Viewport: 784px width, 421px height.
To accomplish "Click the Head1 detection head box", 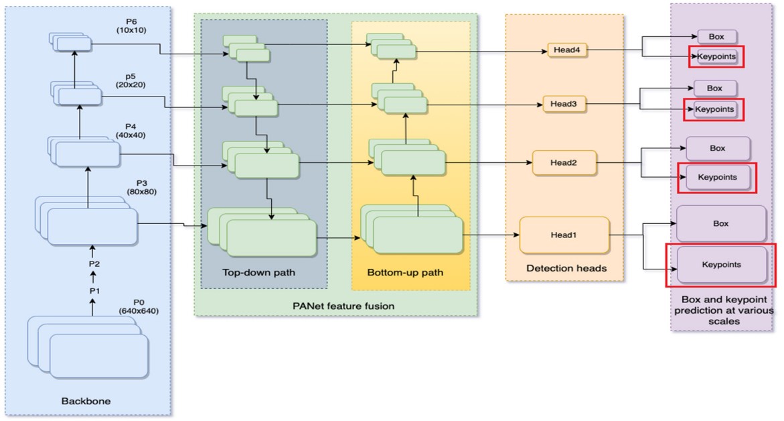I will pyautogui.click(x=564, y=235).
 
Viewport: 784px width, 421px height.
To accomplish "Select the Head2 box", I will pyautogui.click(x=564, y=163).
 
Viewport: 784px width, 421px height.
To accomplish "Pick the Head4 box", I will pyautogui.click(x=566, y=50).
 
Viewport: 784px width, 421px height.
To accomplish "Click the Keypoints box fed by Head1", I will pyautogui.click(x=721, y=265).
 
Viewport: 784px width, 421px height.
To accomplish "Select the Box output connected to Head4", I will pyautogui.click(x=717, y=37).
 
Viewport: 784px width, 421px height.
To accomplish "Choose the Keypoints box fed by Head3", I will pyautogui.click(x=714, y=109).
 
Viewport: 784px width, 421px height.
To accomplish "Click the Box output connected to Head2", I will pyautogui.click(x=717, y=148).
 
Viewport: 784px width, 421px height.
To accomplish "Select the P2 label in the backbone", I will pyautogui.click(x=94, y=264).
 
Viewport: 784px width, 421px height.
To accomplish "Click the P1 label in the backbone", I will pyautogui.click(x=94, y=291).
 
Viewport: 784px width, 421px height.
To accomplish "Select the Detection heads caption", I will pyautogui.click(x=566, y=268).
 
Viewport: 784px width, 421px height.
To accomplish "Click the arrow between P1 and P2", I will pyautogui.click(x=94, y=278).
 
